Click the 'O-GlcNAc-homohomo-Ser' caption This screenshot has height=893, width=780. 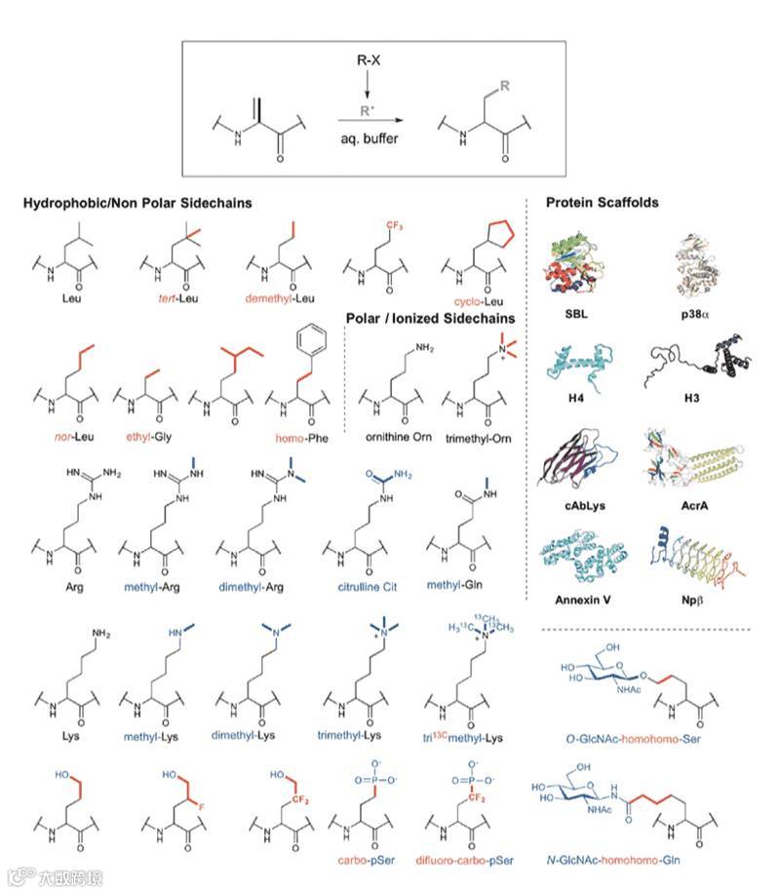point(645,739)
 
